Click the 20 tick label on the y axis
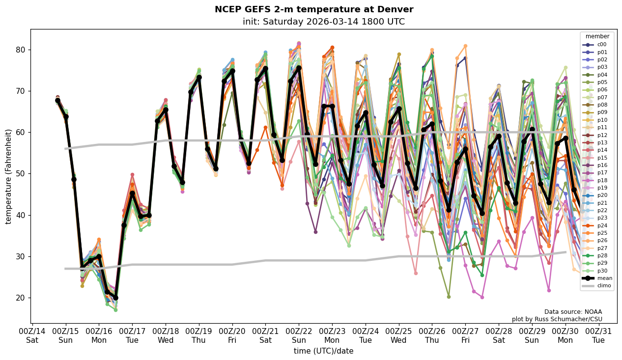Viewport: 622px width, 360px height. [23, 298]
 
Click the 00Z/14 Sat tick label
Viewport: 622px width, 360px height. [32, 335]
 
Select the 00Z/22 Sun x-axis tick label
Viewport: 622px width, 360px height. [299, 335]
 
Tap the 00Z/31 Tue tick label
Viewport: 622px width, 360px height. [598, 335]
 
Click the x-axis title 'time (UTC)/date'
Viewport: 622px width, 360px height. [323, 351]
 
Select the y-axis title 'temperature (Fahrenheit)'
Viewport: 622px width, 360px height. [9, 176]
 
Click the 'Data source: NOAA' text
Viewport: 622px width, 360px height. [573, 312]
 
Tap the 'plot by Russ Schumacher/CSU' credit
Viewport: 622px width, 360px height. [557, 319]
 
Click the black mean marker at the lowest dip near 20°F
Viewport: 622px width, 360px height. [115, 298]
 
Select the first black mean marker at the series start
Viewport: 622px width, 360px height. [57, 100]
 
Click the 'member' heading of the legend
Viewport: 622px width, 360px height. [597, 36]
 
